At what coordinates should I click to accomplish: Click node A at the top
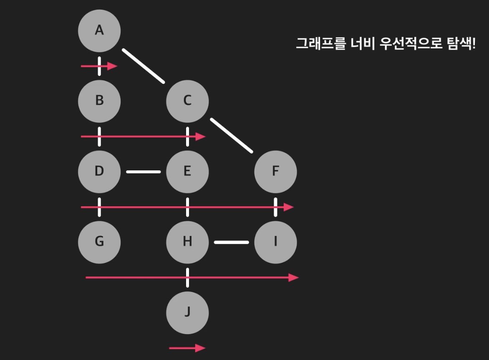click(x=99, y=30)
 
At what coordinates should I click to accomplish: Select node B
click(x=99, y=101)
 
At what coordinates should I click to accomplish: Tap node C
click(x=187, y=101)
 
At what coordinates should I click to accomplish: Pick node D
click(x=99, y=171)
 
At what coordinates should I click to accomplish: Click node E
click(x=187, y=171)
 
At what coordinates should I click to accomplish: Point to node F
click(x=275, y=171)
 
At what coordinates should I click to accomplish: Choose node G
click(x=99, y=242)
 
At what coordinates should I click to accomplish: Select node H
click(x=187, y=242)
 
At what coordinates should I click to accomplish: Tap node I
click(x=275, y=242)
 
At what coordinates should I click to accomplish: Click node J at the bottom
click(x=187, y=312)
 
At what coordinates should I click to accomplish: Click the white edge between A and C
click(x=144, y=66)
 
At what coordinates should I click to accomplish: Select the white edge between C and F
click(x=232, y=135)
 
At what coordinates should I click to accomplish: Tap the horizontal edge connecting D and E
click(x=144, y=172)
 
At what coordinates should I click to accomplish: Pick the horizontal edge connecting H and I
click(x=232, y=242)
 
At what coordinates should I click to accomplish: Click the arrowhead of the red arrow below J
click(x=201, y=348)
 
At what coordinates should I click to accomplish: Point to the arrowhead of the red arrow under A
click(x=113, y=66)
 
